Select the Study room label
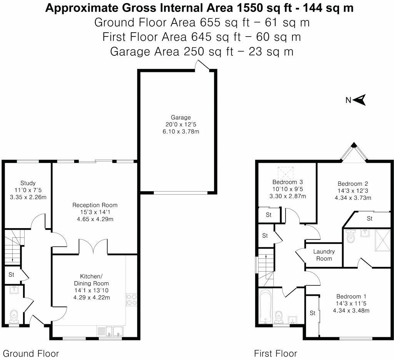(x=27, y=183)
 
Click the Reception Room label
(x=95, y=205)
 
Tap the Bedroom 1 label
(x=351, y=296)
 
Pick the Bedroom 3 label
(x=288, y=182)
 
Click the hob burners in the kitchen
(x=131, y=299)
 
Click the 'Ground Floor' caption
(x=31, y=353)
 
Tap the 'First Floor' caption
(x=275, y=353)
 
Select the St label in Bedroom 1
(x=313, y=313)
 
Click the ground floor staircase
(x=13, y=246)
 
